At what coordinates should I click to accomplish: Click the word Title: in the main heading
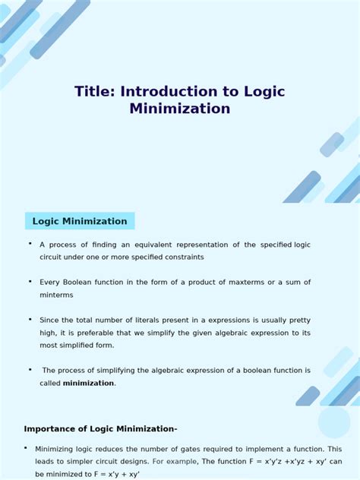(94, 91)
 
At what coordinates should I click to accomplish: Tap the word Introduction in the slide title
(166, 91)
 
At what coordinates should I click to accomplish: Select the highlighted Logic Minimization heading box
(80, 221)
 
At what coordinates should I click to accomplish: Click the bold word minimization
(88, 384)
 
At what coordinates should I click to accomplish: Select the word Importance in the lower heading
(52, 428)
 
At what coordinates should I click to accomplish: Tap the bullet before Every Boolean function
(30, 281)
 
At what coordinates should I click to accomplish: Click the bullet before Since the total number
(30, 319)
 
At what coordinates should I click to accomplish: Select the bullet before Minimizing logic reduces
(26, 447)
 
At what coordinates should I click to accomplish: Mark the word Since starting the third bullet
(49, 321)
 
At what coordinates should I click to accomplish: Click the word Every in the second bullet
(50, 283)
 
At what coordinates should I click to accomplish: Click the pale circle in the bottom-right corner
(334, 422)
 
